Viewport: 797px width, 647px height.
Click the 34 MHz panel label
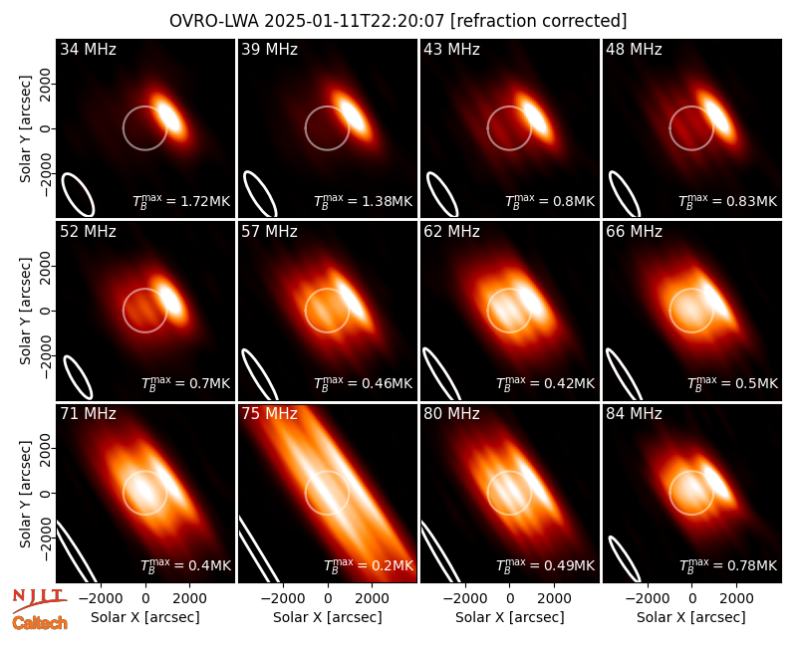(88, 49)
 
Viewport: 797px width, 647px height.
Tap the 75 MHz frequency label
(269, 414)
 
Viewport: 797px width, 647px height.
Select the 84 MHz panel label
(634, 414)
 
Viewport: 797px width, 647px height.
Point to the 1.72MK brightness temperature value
(181, 201)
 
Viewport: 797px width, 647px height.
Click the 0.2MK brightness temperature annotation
(369, 564)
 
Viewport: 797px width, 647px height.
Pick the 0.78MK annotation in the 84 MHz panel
(728, 564)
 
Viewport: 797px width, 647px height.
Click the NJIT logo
(39, 600)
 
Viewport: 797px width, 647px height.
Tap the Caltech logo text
(40, 623)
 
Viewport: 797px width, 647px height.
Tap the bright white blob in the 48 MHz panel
(716, 115)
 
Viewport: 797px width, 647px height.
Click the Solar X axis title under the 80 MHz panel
(509, 617)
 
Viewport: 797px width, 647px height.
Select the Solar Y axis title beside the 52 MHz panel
(25, 311)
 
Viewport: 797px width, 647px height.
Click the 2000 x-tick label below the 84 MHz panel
(736, 599)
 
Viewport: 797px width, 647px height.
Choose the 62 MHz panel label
(452, 232)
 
